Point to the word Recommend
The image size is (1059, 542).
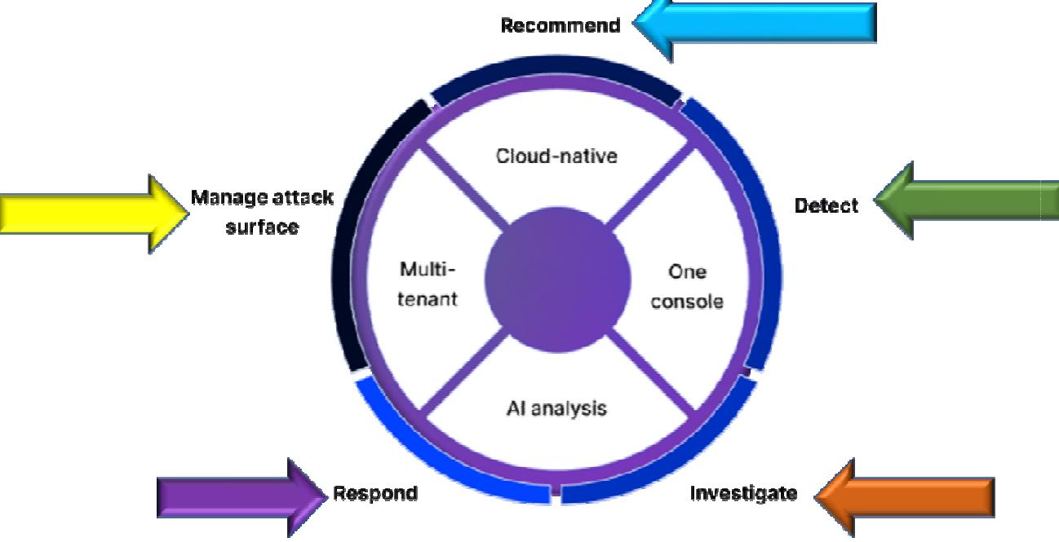[x=560, y=25]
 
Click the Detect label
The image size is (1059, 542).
[x=826, y=206]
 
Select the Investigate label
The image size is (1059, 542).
[x=743, y=493]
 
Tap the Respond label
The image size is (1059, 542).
[x=375, y=493]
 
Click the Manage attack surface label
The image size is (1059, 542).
[x=262, y=212]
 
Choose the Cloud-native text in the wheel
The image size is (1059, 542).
[x=556, y=155]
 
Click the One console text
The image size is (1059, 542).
[x=686, y=287]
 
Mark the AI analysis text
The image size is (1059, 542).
[x=556, y=408]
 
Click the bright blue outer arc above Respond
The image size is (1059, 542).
[x=424, y=456]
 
